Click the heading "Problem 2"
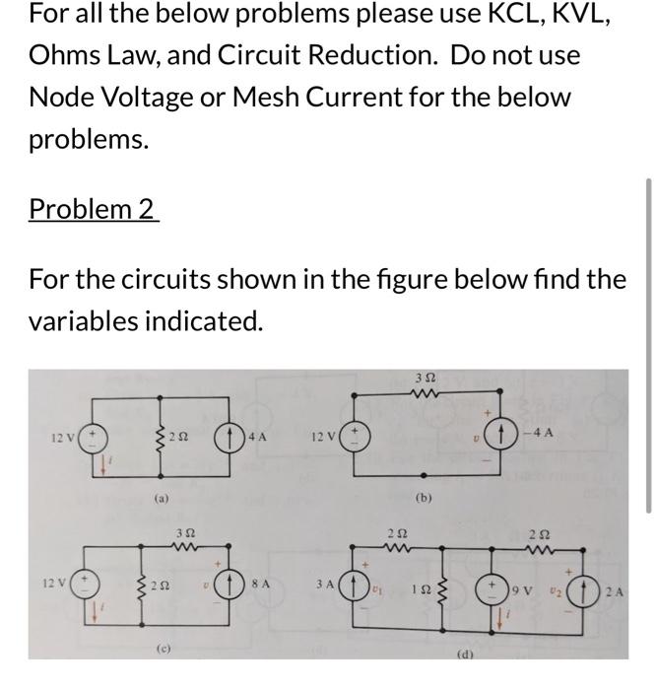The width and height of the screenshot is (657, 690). coord(94,209)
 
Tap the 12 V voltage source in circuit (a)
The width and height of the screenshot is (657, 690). coord(85,436)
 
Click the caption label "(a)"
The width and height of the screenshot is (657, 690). coord(162,499)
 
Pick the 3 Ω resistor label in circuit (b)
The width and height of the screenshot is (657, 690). coord(425,378)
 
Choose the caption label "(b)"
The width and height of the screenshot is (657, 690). coord(424,499)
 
